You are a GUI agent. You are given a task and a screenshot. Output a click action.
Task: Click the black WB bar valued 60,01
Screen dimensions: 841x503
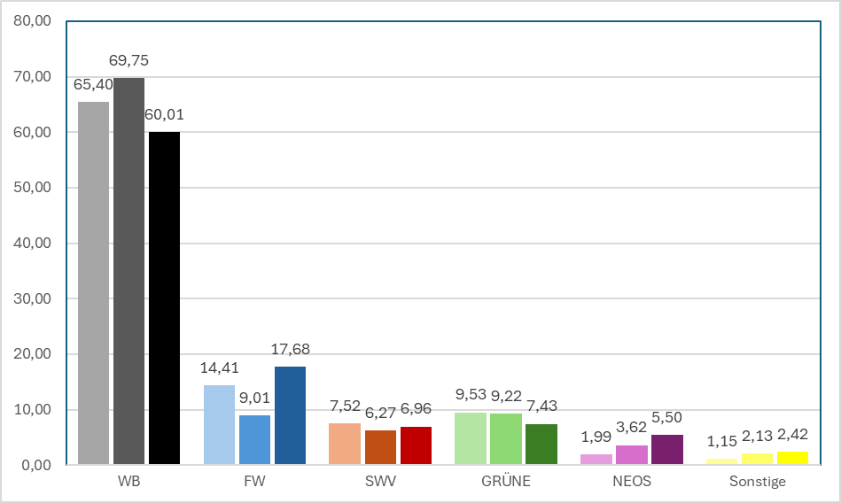pyautogui.click(x=164, y=298)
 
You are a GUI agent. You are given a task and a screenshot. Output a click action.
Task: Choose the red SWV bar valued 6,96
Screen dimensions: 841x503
pyautogui.click(x=416, y=445)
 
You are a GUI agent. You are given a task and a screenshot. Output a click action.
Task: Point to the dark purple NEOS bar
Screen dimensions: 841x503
pyautogui.click(x=667, y=449)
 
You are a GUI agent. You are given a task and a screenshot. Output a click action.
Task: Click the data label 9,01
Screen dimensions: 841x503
pyautogui.click(x=254, y=398)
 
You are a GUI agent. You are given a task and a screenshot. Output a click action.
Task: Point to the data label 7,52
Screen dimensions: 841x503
pyautogui.click(x=345, y=406)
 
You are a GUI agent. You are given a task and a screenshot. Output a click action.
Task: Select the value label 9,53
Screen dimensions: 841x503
pyautogui.click(x=471, y=395)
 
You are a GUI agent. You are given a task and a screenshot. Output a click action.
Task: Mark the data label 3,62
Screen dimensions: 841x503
pyautogui.click(x=631, y=428)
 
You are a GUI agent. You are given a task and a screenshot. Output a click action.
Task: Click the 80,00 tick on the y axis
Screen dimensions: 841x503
pyautogui.click(x=32, y=21)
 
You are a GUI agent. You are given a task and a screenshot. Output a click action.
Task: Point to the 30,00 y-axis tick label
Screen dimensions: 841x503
pyautogui.click(x=32, y=298)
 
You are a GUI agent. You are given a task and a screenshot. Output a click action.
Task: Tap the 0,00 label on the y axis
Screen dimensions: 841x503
pyautogui.click(x=36, y=466)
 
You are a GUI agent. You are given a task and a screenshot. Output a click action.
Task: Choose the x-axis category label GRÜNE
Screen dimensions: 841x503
pyautogui.click(x=506, y=481)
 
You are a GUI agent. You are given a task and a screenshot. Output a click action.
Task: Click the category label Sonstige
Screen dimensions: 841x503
pyautogui.click(x=758, y=482)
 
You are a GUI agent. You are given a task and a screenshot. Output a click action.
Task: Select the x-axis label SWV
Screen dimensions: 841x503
pyautogui.click(x=380, y=481)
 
